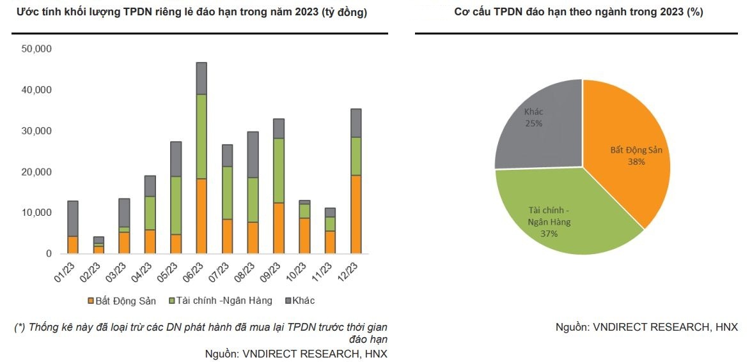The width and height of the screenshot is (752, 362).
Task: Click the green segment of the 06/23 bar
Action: pyautogui.click(x=201, y=136)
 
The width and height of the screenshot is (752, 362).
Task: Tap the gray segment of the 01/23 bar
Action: pyautogui.click(x=72, y=218)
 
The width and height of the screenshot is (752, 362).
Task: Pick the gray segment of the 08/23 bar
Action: pyautogui.click(x=253, y=154)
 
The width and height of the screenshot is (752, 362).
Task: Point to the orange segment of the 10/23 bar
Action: pyautogui.click(x=304, y=236)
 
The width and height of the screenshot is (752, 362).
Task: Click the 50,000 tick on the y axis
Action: pyautogui.click(x=36, y=49)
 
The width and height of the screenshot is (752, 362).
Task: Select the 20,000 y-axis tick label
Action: pyautogui.click(x=36, y=172)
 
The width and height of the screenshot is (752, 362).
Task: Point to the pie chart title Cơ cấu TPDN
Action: pyautogui.click(x=579, y=12)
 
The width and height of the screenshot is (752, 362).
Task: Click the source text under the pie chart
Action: pyautogui.click(x=646, y=327)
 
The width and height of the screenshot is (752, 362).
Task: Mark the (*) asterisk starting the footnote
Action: pyautogui.click(x=19, y=328)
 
